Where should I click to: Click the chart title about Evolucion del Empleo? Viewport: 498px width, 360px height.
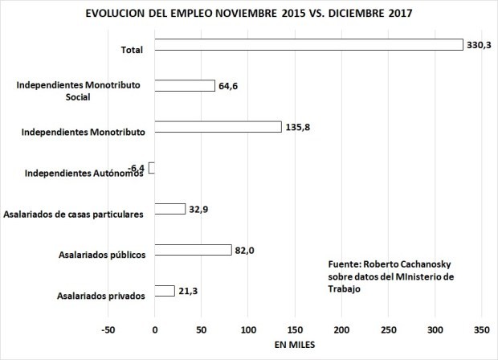pyautogui.click(x=248, y=14)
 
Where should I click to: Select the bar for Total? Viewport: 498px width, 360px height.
pyautogui.click(x=308, y=45)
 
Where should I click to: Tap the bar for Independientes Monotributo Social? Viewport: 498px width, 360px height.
pyautogui.click(x=184, y=86)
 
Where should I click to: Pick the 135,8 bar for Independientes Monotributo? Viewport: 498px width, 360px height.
pyautogui.click(x=218, y=127)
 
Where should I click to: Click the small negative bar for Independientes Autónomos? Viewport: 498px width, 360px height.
pyautogui.click(x=151, y=168)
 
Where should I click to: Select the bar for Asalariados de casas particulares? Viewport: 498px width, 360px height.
pyautogui.click(x=169, y=209)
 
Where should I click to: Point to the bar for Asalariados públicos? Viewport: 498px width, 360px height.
pyautogui.click(x=193, y=250)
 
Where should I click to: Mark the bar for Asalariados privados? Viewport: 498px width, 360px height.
pyautogui.click(x=164, y=291)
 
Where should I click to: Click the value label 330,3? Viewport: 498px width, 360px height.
pyautogui.click(x=478, y=46)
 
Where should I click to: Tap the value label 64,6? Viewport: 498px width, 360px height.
pyautogui.click(x=230, y=87)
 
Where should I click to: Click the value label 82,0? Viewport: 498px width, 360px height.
pyautogui.click(x=246, y=251)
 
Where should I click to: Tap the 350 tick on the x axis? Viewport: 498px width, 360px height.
pyautogui.click(x=482, y=330)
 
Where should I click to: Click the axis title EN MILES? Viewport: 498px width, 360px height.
pyautogui.click(x=295, y=346)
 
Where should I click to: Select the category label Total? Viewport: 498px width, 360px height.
pyautogui.click(x=131, y=50)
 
